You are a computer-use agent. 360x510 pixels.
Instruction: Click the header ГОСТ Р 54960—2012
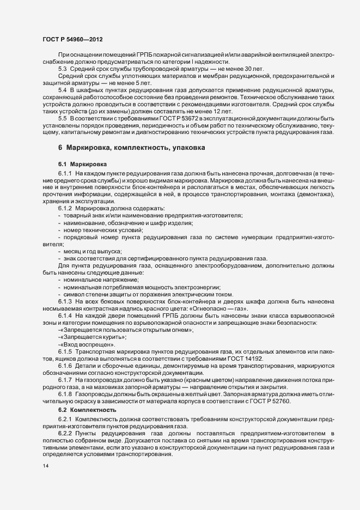pos(72,39)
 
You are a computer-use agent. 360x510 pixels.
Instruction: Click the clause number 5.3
pos(63,69)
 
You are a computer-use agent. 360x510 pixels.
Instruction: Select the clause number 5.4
pos(63,89)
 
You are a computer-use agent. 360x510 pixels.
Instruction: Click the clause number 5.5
pos(63,118)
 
